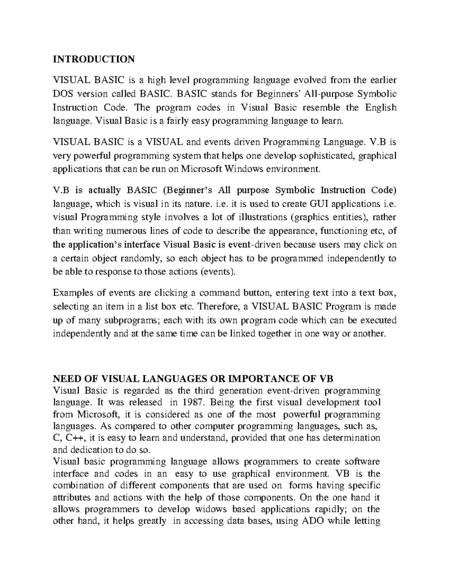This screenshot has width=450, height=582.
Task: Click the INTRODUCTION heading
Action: (93, 59)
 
